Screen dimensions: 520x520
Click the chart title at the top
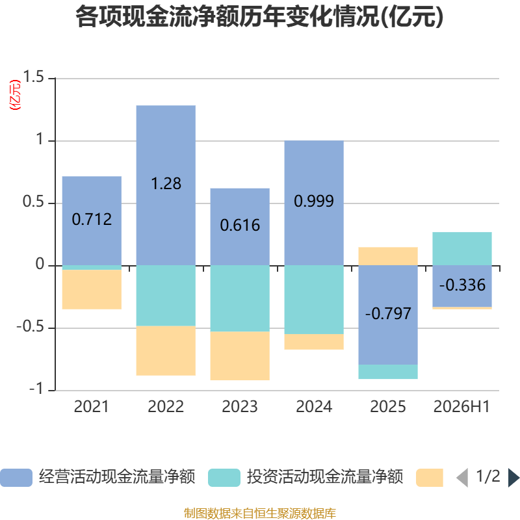(259, 17)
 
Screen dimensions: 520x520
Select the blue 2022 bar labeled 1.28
(166, 185)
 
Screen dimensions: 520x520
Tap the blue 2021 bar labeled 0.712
(92, 221)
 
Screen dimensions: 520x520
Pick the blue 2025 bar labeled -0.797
(388, 315)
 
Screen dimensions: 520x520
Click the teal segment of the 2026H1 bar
(462, 249)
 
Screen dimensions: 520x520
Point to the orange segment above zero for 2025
(388, 256)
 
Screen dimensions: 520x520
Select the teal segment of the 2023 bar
(240, 298)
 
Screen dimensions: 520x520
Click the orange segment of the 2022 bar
(166, 350)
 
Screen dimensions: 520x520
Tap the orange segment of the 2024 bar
(314, 342)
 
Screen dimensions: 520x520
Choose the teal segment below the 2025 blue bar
(388, 372)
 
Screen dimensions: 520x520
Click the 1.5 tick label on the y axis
(33, 77)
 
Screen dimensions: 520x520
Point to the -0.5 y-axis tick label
(30, 327)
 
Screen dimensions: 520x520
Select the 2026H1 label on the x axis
(461, 407)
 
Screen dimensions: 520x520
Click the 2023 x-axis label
(240, 407)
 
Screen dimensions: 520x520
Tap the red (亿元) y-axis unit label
(15, 95)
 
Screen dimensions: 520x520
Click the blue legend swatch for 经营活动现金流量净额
(16, 478)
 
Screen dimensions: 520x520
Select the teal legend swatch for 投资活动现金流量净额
(224, 478)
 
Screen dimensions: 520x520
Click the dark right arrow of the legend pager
(513, 478)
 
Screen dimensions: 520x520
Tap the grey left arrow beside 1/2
(463, 478)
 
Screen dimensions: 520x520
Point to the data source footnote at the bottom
(259, 513)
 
